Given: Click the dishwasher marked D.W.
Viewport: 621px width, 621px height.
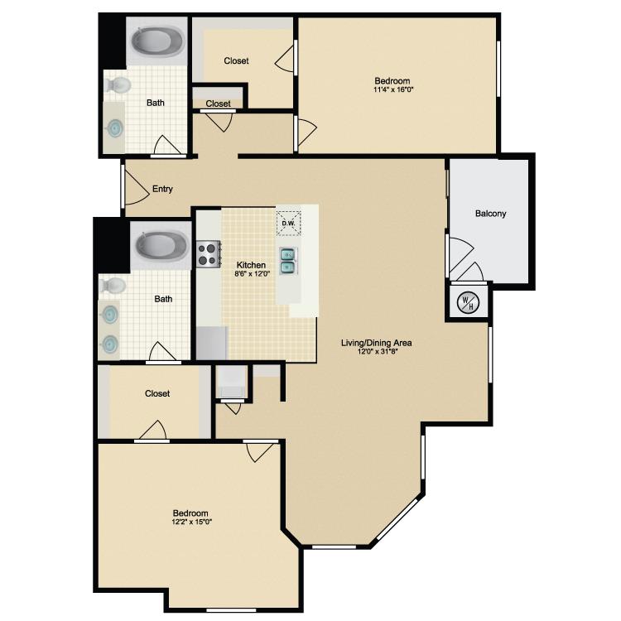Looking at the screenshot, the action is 289,224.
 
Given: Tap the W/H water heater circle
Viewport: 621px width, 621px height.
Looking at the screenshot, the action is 468,303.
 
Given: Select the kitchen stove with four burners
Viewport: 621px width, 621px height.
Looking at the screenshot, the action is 209,254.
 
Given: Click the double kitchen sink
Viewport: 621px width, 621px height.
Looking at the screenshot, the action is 288,261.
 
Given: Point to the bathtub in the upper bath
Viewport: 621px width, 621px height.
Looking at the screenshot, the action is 157,43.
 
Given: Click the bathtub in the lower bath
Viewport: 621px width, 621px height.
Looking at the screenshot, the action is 161,247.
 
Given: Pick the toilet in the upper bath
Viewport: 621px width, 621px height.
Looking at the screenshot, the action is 118,84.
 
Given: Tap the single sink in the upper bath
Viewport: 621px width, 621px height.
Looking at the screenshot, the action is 116,128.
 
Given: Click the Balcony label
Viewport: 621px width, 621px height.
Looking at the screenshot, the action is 490,214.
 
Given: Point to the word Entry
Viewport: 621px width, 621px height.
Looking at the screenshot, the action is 162,189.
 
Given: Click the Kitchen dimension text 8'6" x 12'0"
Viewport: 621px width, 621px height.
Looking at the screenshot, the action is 253,274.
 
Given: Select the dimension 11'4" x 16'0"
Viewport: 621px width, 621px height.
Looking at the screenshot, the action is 393,89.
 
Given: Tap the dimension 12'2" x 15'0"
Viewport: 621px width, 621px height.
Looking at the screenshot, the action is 192,522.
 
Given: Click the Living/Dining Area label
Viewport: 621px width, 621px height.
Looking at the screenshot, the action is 376,343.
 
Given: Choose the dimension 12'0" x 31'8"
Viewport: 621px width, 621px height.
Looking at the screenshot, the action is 376,351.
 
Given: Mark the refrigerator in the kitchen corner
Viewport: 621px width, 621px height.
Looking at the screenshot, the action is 212,343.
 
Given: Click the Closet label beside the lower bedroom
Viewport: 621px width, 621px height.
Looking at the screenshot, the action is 157,393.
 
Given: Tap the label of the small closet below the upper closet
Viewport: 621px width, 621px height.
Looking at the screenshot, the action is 218,103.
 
